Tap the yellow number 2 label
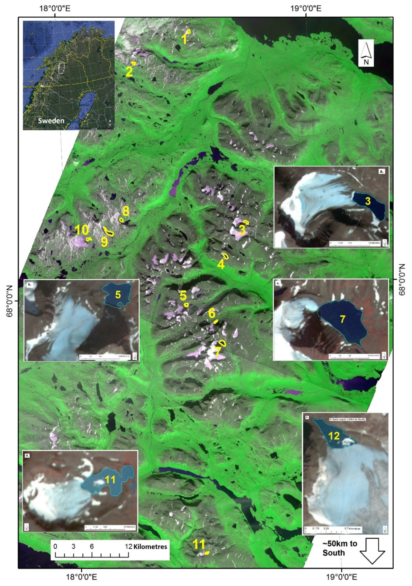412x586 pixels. click(x=129, y=72)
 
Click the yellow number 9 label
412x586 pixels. click(x=104, y=242)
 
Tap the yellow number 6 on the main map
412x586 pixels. click(x=212, y=313)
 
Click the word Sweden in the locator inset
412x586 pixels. click(x=51, y=121)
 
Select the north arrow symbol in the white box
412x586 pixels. click(x=366, y=53)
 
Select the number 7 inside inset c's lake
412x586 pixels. click(x=342, y=319)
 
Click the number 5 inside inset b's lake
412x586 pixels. click(x=118, y=295)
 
